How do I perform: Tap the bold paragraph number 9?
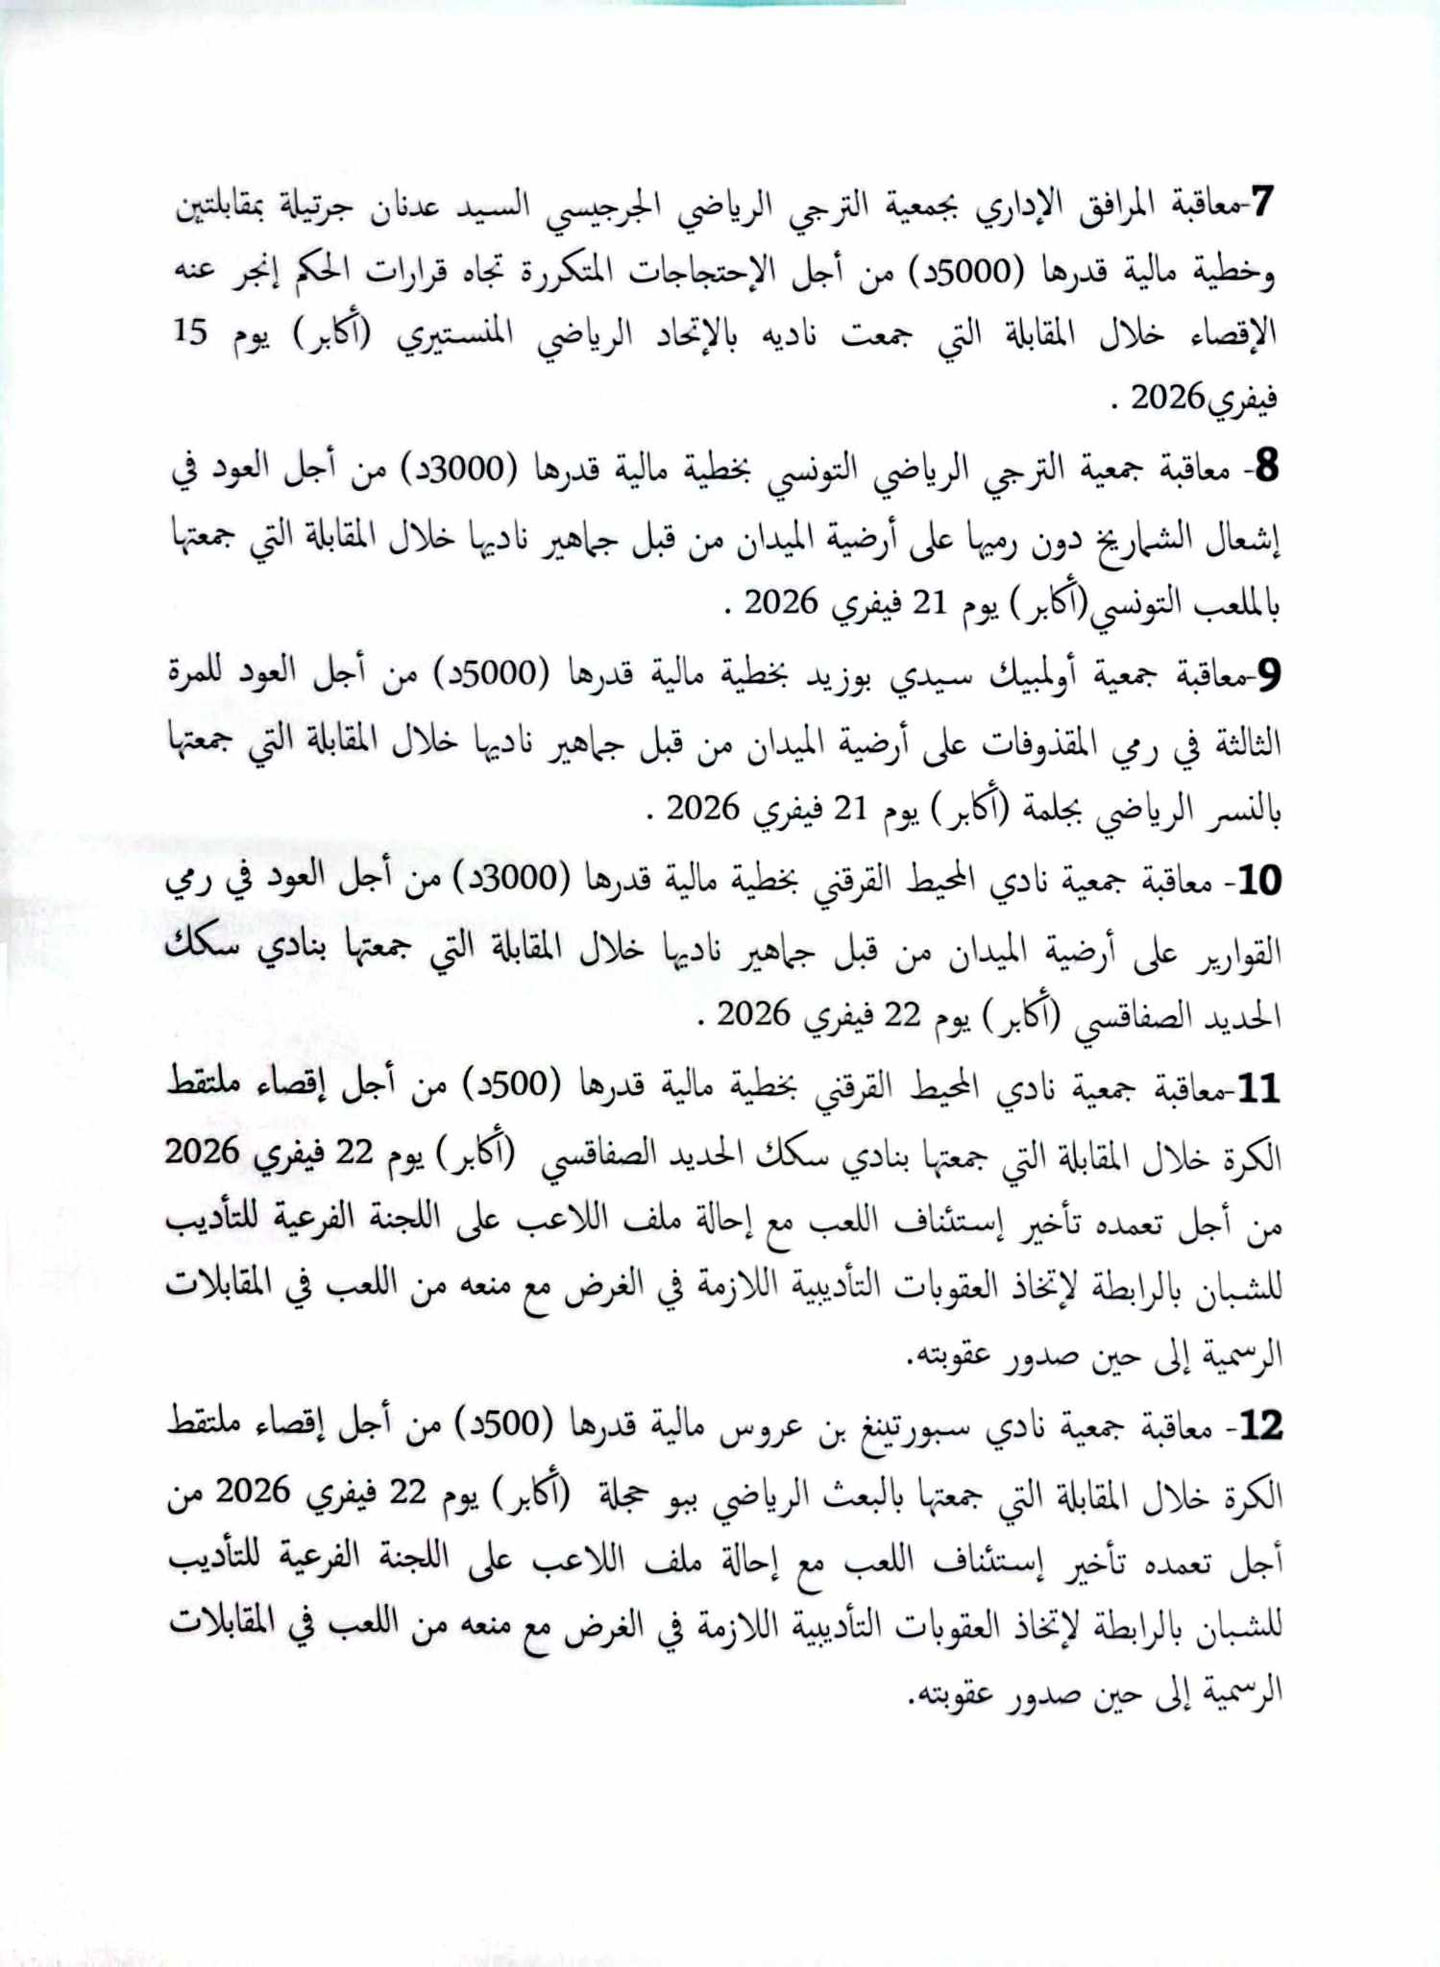(1268, 676)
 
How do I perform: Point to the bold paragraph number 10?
(1258, 881)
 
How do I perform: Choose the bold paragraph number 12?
(1258, 1427)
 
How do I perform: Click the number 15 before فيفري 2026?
(190, 331)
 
